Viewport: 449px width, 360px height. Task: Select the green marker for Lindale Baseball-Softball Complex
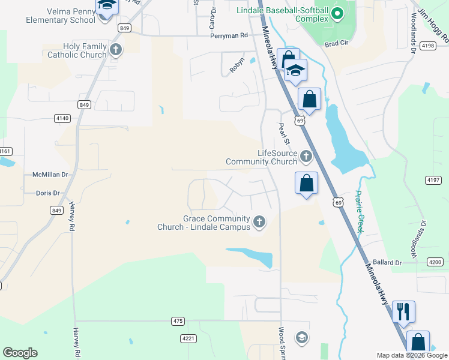[337, 12]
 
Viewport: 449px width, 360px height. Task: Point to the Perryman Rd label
[229, 35]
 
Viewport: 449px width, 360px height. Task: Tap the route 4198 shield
[428, 46]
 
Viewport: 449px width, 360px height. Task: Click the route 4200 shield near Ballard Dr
[435, 262]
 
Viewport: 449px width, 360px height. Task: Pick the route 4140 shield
[62, 118]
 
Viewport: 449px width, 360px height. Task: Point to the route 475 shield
[177, 321]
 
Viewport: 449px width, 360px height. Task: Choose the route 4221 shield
[188, 338]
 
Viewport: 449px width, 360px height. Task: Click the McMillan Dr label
[50, 175]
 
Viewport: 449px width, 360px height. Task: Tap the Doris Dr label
[48, 193]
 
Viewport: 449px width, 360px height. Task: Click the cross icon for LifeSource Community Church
[306, 157]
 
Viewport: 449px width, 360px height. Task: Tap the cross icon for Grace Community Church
[259, 223]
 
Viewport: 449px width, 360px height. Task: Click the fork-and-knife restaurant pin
[403, 311]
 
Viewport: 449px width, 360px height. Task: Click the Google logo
[20, 353]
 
